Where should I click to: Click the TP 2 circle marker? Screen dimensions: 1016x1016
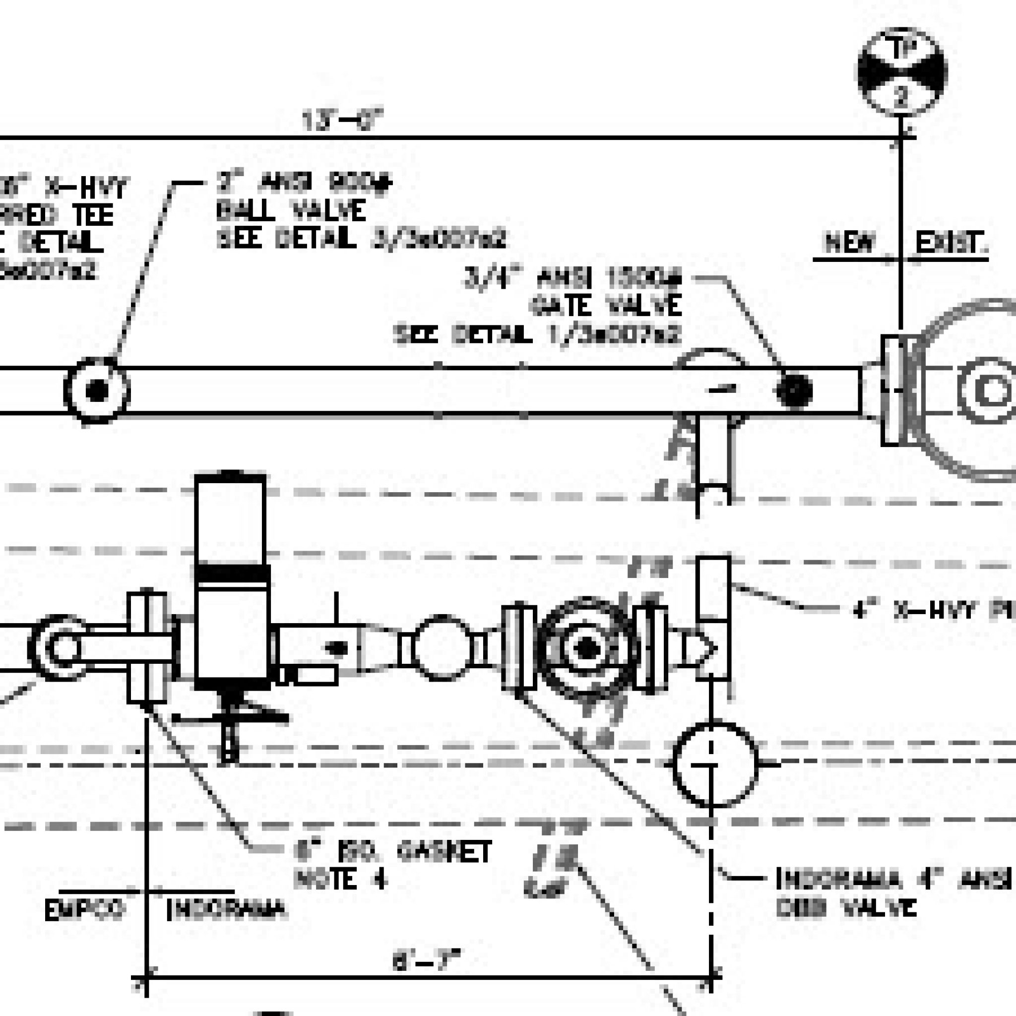pyautogui.click(x=901, y=72)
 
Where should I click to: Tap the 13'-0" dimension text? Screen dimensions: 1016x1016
pyautogui.click(x=342, y=120)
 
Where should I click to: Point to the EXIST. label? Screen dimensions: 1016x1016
pyautogui.click(x=951, y=243)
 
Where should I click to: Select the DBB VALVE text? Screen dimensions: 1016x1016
pyautogui.click(x=846, y=907)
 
